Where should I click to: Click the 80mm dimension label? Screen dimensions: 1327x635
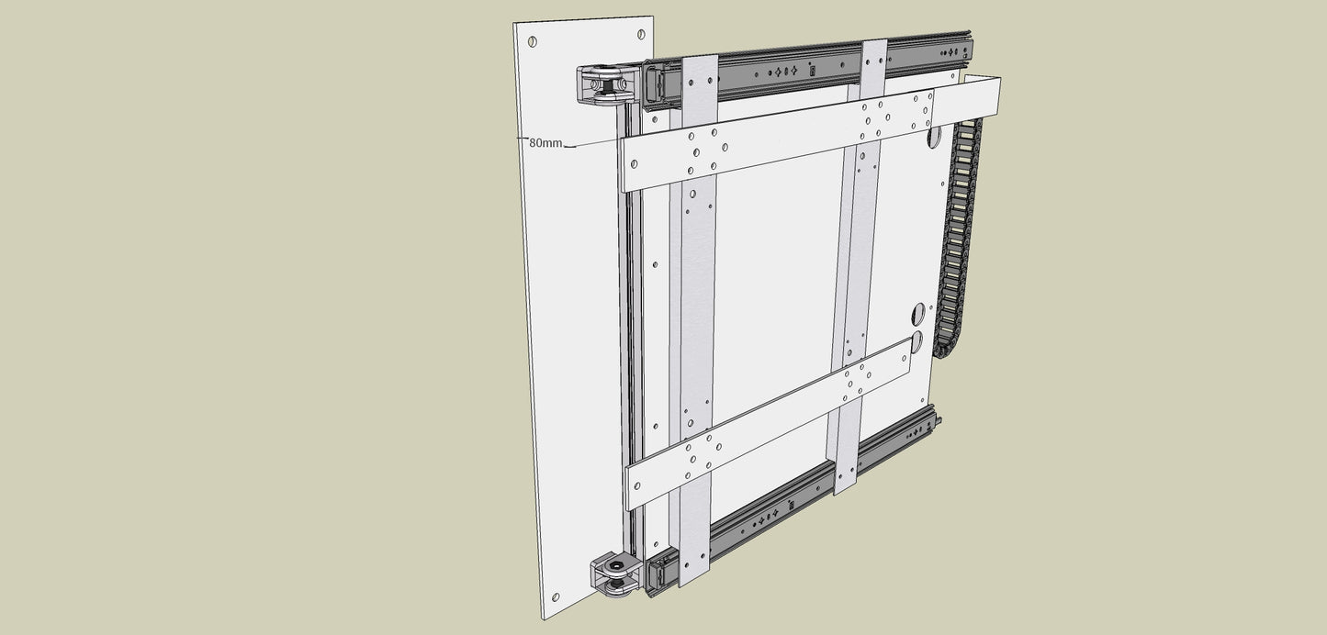(545, 142)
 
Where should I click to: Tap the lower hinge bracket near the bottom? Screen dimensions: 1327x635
(617, 574)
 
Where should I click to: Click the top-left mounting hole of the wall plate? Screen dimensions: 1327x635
(532, 41)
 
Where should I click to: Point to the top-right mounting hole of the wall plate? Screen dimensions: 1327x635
(641, 34)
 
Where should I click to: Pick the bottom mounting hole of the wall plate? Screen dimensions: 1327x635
(555, 597)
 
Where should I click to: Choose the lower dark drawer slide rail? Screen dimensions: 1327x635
(793, 502)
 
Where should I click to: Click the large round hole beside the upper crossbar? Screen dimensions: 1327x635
(934, 137)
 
